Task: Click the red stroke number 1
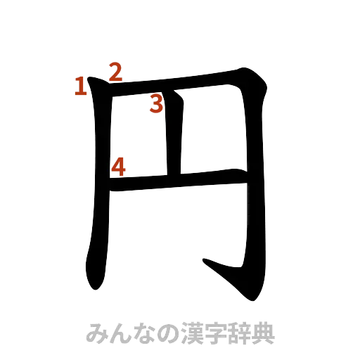[81, 86]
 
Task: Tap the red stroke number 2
[115, 71]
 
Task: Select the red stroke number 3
[156, 105]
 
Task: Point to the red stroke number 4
[119, 167]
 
